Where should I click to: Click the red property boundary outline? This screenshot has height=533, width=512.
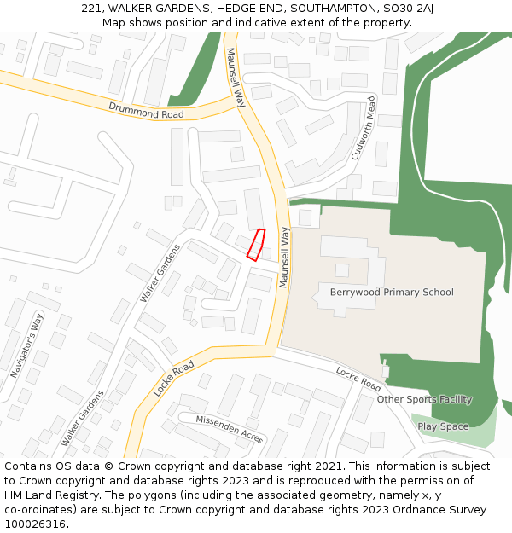point(256,243)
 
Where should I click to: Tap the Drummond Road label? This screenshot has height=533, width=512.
point(146,110)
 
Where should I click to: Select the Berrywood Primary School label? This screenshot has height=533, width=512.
point(392,293)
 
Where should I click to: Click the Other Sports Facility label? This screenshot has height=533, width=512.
point(424,399)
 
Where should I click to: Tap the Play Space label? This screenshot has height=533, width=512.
point(443,426)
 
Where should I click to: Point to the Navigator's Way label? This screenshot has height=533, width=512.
point(26,346)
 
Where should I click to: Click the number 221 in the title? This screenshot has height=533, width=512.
point(92,9)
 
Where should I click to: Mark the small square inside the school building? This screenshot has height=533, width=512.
point(341,270)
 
